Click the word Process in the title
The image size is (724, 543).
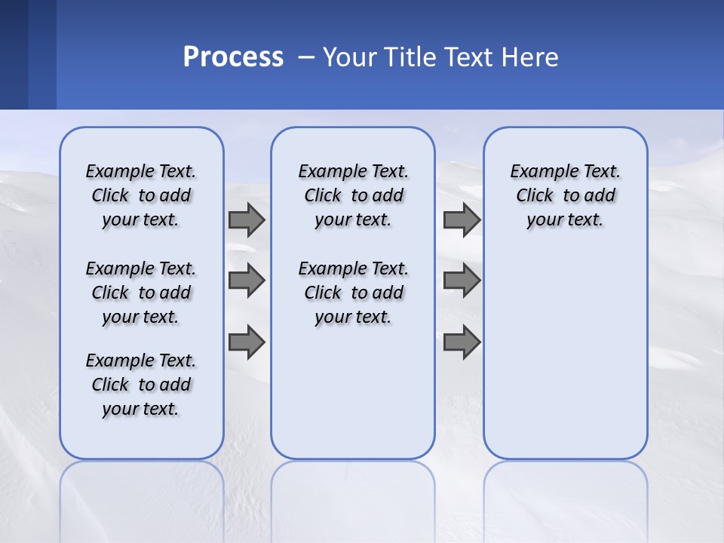click(x=233, y=57)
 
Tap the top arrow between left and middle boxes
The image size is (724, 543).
click(x=247, y=219)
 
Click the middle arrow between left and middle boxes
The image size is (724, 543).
click(x=247, y=281)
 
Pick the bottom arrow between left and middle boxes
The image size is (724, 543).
click(x=247, y=342)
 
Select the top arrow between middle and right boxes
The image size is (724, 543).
click(x=462, y=219)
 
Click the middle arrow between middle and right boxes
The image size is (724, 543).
click(x=462, y=281)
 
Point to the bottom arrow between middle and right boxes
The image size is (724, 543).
click(x=462, y=342)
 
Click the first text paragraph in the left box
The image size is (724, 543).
click(x=141, y=195)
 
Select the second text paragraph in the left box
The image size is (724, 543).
click(x=141, y=293)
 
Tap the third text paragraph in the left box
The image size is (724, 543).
click(x=141, y=385)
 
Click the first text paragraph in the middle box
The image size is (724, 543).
click(x=354, y=195)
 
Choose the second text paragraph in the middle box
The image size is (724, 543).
click(x=354, y=293)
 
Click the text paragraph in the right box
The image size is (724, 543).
click(x=566, y=195)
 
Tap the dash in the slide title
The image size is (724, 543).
click(x=306, y=57)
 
